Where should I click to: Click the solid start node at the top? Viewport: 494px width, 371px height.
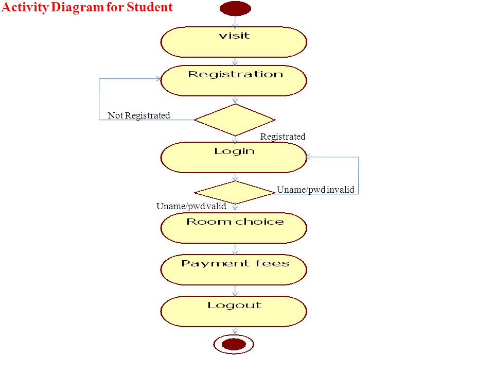tap(235, 9)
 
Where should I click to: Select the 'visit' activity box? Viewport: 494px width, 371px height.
tap(234, 42)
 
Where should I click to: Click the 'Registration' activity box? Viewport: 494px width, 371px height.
tap(234, 81)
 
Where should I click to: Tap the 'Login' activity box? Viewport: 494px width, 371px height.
tap(234, 158)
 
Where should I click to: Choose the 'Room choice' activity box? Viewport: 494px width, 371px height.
tap(234, 228)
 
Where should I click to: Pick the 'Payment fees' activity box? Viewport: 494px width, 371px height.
tap(234, 269)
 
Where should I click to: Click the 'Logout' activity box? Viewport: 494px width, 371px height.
tap(234, 311)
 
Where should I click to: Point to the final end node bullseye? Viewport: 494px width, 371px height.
tap(234, 344)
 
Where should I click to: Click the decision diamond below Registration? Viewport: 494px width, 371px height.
tap(235, 120)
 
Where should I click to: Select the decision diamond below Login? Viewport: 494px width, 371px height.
tap(235, 192)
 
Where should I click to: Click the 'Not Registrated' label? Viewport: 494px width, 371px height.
tap(139, 115)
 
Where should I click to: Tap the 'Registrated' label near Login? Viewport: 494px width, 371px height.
tap(283, 137)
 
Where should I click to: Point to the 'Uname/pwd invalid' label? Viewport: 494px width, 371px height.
tap(315, 190)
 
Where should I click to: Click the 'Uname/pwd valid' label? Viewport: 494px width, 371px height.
tap(191, 206)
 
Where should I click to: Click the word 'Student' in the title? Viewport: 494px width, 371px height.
tap(150, 7)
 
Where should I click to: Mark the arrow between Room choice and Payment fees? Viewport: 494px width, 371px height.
tap(235, 249)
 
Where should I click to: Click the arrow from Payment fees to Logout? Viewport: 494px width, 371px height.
tap(235, 291)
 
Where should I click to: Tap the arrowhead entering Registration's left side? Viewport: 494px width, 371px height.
tap(158, 78)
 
